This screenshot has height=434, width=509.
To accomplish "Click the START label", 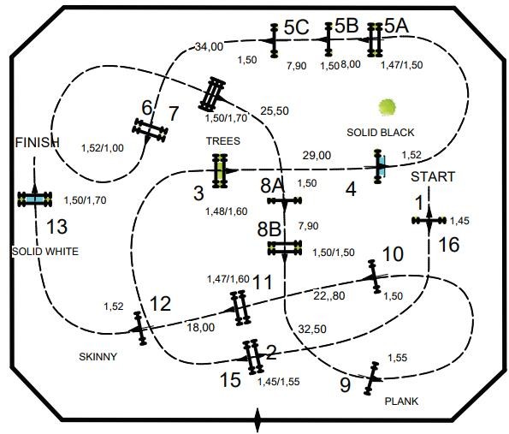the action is (433, 177).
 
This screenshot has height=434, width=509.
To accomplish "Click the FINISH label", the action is (38, 142).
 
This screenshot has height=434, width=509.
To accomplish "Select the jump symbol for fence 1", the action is (429, 221).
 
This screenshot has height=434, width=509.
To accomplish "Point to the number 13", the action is (56, 227).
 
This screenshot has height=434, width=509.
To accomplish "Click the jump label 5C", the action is (296, 27).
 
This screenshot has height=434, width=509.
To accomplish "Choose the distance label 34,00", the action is (209, 47).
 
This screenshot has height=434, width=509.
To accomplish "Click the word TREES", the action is (223, 141).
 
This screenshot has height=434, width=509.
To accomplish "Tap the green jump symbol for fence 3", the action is (220, 171).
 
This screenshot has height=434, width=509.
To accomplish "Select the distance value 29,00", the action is (317, 156).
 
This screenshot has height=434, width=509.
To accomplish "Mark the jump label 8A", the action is (272, 186).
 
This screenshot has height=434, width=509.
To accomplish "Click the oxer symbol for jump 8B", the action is (285, 248).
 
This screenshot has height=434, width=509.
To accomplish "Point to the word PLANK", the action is (401, 401).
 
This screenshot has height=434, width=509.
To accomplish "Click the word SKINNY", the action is (98, 357).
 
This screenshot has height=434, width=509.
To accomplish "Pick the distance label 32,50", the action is (312, 329).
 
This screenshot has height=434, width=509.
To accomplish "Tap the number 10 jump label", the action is (393, 253).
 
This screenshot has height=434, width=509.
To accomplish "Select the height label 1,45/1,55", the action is (279, 382).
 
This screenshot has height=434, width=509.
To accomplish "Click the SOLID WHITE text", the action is (45, 252).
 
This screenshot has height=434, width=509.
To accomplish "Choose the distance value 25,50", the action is (275, 111).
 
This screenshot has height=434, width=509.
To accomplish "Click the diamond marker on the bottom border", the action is (257, 420).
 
